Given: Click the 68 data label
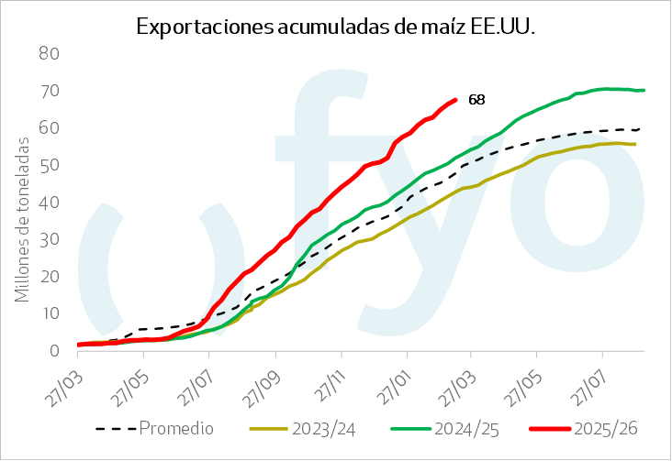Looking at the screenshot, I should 477,99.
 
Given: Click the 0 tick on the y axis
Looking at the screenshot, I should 54,350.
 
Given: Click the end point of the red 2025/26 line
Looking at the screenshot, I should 455,99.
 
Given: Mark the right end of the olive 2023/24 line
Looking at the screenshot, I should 635,144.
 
